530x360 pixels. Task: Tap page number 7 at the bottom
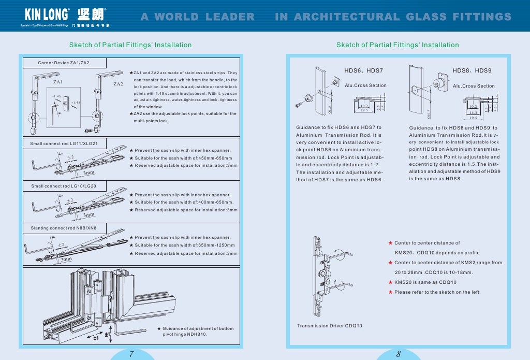(131, 354)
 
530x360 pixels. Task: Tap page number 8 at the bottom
(399, 354)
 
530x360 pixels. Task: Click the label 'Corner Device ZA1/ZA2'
(64, 63)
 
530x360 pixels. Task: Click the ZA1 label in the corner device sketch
(58, 82)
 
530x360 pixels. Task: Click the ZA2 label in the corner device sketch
(118, 83)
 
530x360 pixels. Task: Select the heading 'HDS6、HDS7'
(363, 70)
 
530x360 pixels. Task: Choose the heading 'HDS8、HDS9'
(472, 70)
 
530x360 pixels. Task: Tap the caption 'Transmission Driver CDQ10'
(329, 326)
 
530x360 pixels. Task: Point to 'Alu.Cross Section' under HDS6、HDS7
(365, 85)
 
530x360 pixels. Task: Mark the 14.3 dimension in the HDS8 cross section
(473, 112)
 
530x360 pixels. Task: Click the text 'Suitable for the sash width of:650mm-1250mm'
(184, 245)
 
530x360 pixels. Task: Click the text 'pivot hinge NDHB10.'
(185, 335)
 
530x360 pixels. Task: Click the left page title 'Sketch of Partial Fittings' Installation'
(130, 45)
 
